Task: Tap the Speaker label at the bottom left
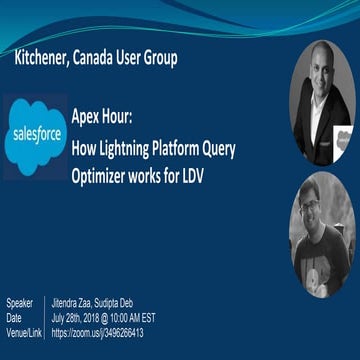[19, 303]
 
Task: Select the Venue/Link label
[25, 332]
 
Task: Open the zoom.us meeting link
[97, 332]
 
